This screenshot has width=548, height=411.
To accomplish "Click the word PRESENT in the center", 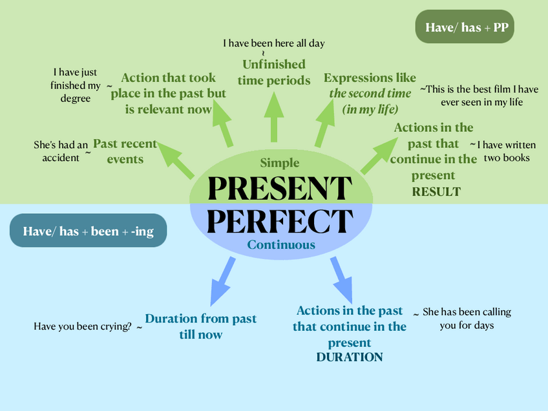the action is click(280, 187).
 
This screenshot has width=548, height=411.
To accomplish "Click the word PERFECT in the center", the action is click(279, 221).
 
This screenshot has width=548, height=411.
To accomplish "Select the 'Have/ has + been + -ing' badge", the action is click(89, 231).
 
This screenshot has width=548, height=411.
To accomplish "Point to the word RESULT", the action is click(436, 191).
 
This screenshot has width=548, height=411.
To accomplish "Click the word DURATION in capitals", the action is click(350, 357).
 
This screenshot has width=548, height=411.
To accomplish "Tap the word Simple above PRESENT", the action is click(280, 163).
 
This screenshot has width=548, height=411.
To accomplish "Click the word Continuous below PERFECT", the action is click(281, 244).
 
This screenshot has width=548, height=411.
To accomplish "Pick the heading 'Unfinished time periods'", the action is click(274, 72).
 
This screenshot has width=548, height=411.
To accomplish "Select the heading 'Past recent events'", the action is click(125, 151).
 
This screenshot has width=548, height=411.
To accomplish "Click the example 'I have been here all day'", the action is click(274, 43).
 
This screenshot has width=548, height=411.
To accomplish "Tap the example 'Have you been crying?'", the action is click(82, 326).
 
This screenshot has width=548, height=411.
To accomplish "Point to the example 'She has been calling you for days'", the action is click(467, 319).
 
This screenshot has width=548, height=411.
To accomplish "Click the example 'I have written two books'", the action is click(507, 151).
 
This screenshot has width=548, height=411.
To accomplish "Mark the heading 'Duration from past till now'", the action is click(201, 326).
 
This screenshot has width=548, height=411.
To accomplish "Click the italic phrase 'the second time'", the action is click(370, 93).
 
